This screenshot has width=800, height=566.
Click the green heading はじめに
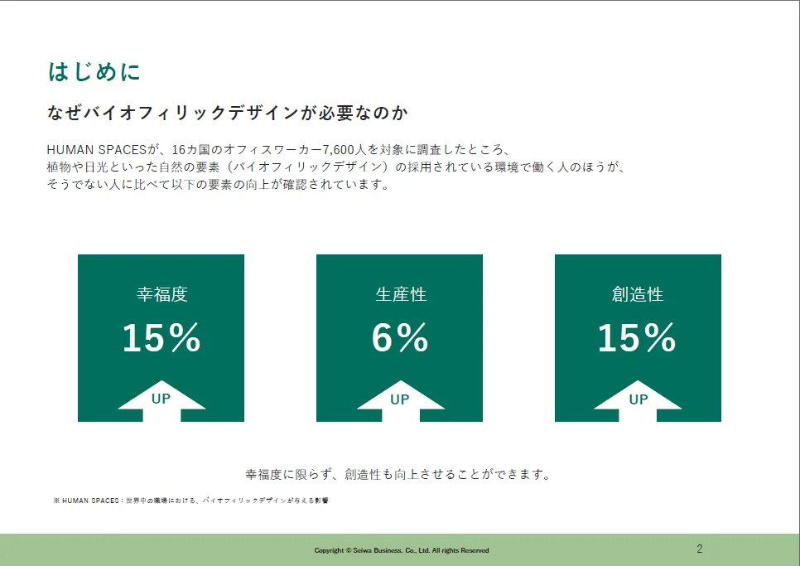pos(94,71)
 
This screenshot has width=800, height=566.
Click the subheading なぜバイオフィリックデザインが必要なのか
pos(228,113)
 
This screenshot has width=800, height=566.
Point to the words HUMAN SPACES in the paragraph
pos(96,149)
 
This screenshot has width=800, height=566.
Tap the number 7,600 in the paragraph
pos(338,149)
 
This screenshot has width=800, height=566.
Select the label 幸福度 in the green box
pos(161,294)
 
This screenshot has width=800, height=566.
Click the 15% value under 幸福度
pos(161,337)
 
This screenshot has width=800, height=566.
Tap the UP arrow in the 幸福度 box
pos(161,400)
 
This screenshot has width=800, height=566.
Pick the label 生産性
pos(401,294)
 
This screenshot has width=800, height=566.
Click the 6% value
pos(399,337)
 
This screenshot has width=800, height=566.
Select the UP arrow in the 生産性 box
pos(401,400)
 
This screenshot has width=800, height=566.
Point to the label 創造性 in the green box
pos(638,294)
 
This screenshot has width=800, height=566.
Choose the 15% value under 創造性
pos(637,337)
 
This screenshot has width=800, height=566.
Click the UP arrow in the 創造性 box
pos(638,400)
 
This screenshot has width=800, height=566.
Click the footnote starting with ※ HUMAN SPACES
pos(190,501)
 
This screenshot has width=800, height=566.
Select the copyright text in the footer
pos(402,550)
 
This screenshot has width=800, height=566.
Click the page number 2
pos(700,549)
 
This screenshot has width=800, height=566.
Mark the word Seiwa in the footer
pos(363,550)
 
